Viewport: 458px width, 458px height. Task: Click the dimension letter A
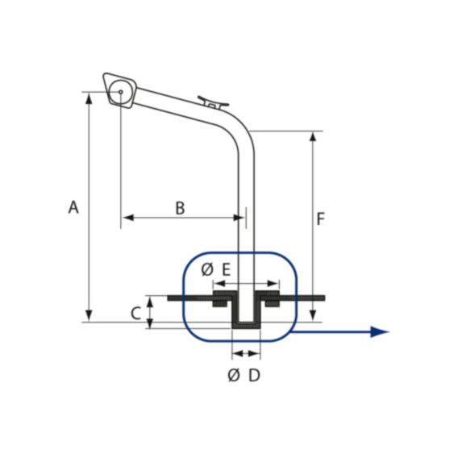[73, 207]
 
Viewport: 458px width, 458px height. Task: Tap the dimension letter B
[181, 208]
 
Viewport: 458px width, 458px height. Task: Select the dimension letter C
[135, 313]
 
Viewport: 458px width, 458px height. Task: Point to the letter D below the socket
[254, 375]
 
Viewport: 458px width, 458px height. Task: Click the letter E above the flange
[227, 269]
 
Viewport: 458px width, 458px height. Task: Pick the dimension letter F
[321, 219]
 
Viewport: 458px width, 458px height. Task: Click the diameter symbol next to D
[234, 375]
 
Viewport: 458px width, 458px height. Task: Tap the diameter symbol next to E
[207, 269]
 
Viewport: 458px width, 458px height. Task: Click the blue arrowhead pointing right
[379, 332]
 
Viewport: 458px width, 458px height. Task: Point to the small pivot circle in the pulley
[120, 92]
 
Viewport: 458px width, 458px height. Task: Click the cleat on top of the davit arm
[213, 102]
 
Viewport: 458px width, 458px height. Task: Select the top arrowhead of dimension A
[89, 98]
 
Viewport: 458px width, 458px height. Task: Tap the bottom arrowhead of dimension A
[89, 316]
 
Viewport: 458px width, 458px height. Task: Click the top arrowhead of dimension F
[313, 137]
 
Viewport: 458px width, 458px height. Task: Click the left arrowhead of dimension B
[128, 218]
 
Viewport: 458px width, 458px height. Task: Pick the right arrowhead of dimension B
[239, 218]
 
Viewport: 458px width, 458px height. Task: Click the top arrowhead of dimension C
[149, 302]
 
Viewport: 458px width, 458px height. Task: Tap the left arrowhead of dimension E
[220, 284]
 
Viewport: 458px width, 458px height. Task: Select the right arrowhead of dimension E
[273, 284]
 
